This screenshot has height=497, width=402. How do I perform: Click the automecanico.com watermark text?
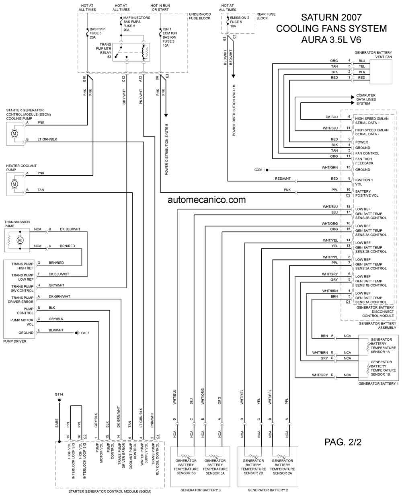tap(207, 200)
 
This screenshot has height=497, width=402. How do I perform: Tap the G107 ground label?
tap(85, 333)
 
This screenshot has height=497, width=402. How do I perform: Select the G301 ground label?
tap(258, 170)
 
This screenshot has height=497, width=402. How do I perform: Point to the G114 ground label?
tap(59, 394)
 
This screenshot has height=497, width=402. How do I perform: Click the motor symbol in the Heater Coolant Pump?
tap(14, 184)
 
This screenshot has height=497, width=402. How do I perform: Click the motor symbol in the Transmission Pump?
tap(20, 240)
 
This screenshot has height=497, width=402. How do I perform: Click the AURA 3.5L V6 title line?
tap(331, 40)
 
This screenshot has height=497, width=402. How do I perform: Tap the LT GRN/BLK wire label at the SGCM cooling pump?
tap(47, 139)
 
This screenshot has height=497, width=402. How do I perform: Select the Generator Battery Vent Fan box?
tap(381, 72)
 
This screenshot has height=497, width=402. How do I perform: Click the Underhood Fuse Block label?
tap(200, 16)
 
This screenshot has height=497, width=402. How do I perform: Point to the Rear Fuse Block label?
tap(266, 16)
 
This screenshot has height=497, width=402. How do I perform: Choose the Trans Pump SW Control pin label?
tap(23, 288)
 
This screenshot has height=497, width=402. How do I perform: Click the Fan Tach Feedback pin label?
tap(364, 161)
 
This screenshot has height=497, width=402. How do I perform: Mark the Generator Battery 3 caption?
tap(201, 490)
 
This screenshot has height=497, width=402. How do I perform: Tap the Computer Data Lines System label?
tap(366, 99)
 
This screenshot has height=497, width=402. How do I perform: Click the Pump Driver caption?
tap(15, 341)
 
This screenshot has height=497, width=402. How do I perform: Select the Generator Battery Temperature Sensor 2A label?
tap(282, 467)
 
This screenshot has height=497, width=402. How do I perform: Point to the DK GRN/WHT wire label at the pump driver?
tap(59, 296)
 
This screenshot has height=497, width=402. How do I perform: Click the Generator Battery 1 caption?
tap(378, 384)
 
